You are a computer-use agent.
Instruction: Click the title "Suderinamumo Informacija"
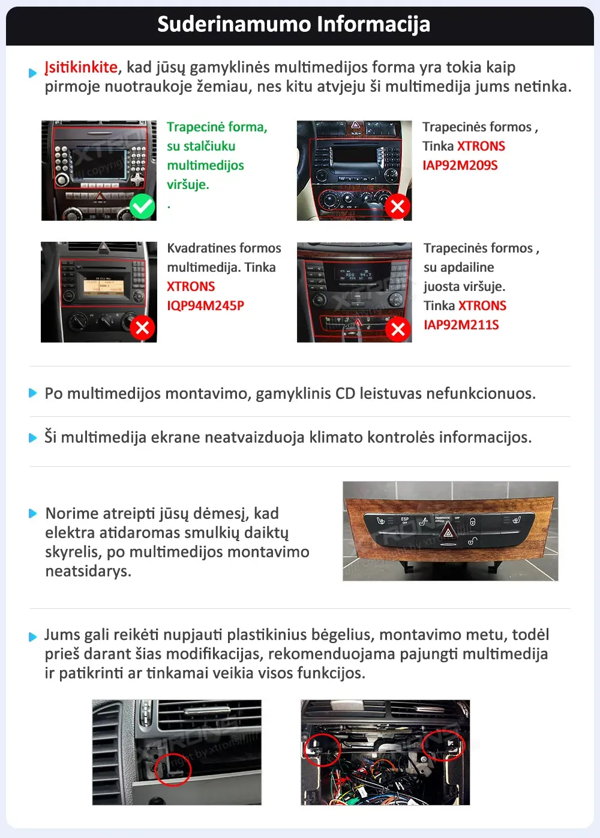click(x=293, y=25)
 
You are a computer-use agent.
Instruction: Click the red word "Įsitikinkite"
click(x=81, y=67)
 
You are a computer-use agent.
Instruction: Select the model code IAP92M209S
click(x=460, y=166)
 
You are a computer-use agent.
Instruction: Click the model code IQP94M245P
click(x=205, y=306)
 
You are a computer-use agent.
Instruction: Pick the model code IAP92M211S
click(x=461, y=325)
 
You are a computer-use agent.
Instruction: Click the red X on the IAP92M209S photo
click(x=397, y=206)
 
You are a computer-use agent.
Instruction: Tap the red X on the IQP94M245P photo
click(x=142, y=328)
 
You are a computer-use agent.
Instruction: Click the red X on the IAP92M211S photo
click(x=397, y=329)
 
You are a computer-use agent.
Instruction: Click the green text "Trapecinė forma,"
click(x=217, y=127)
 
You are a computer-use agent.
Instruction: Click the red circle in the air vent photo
click(x=173, y=768)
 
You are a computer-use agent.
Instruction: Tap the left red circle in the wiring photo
click(x=322, y=749)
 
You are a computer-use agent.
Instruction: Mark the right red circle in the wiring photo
click(x=443, y=745)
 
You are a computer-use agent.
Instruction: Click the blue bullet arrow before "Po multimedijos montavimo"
click(x=33, y=394)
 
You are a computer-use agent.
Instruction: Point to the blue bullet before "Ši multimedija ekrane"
click(x=33, y=438)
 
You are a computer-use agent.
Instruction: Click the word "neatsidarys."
click(x=88, y=571)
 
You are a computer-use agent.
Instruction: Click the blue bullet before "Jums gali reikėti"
click(x=33, y=636)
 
